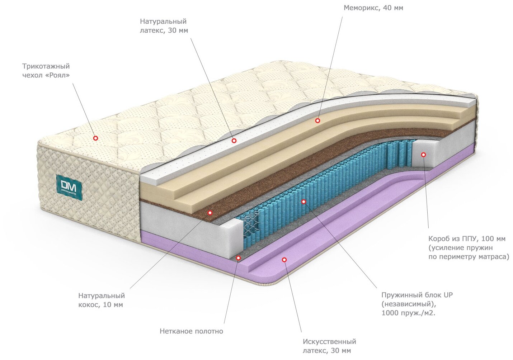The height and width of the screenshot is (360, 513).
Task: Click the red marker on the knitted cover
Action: (95, 138)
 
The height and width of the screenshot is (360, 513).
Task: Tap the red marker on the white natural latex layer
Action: (234, 141)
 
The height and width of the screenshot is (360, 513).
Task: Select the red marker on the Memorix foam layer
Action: (317, 121)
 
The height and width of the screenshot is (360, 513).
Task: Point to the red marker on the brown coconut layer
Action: (210, 213)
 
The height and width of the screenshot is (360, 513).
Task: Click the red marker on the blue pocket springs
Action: (303, 202)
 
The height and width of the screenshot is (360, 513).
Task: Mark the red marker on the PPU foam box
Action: (423, 155)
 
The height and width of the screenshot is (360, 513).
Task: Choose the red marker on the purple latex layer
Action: (284, 259)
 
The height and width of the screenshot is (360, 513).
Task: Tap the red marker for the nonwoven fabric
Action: (238, 257)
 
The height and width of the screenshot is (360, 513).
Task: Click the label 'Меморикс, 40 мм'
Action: (373, 8)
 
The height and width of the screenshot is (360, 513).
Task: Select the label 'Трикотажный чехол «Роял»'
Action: (46, 71)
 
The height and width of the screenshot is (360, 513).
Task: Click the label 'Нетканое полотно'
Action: (191, 331)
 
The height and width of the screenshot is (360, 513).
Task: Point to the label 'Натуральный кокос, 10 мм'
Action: (102, 300)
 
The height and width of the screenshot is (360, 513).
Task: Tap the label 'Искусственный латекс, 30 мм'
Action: (329, 346)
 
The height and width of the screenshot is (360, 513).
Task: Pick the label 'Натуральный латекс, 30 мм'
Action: (164, 26)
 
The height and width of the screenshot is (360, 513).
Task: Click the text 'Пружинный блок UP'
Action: (417, 295)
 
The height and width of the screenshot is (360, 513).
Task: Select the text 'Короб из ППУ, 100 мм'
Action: (467, 239)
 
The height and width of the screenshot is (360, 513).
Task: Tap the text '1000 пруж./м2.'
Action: (408, 313)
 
